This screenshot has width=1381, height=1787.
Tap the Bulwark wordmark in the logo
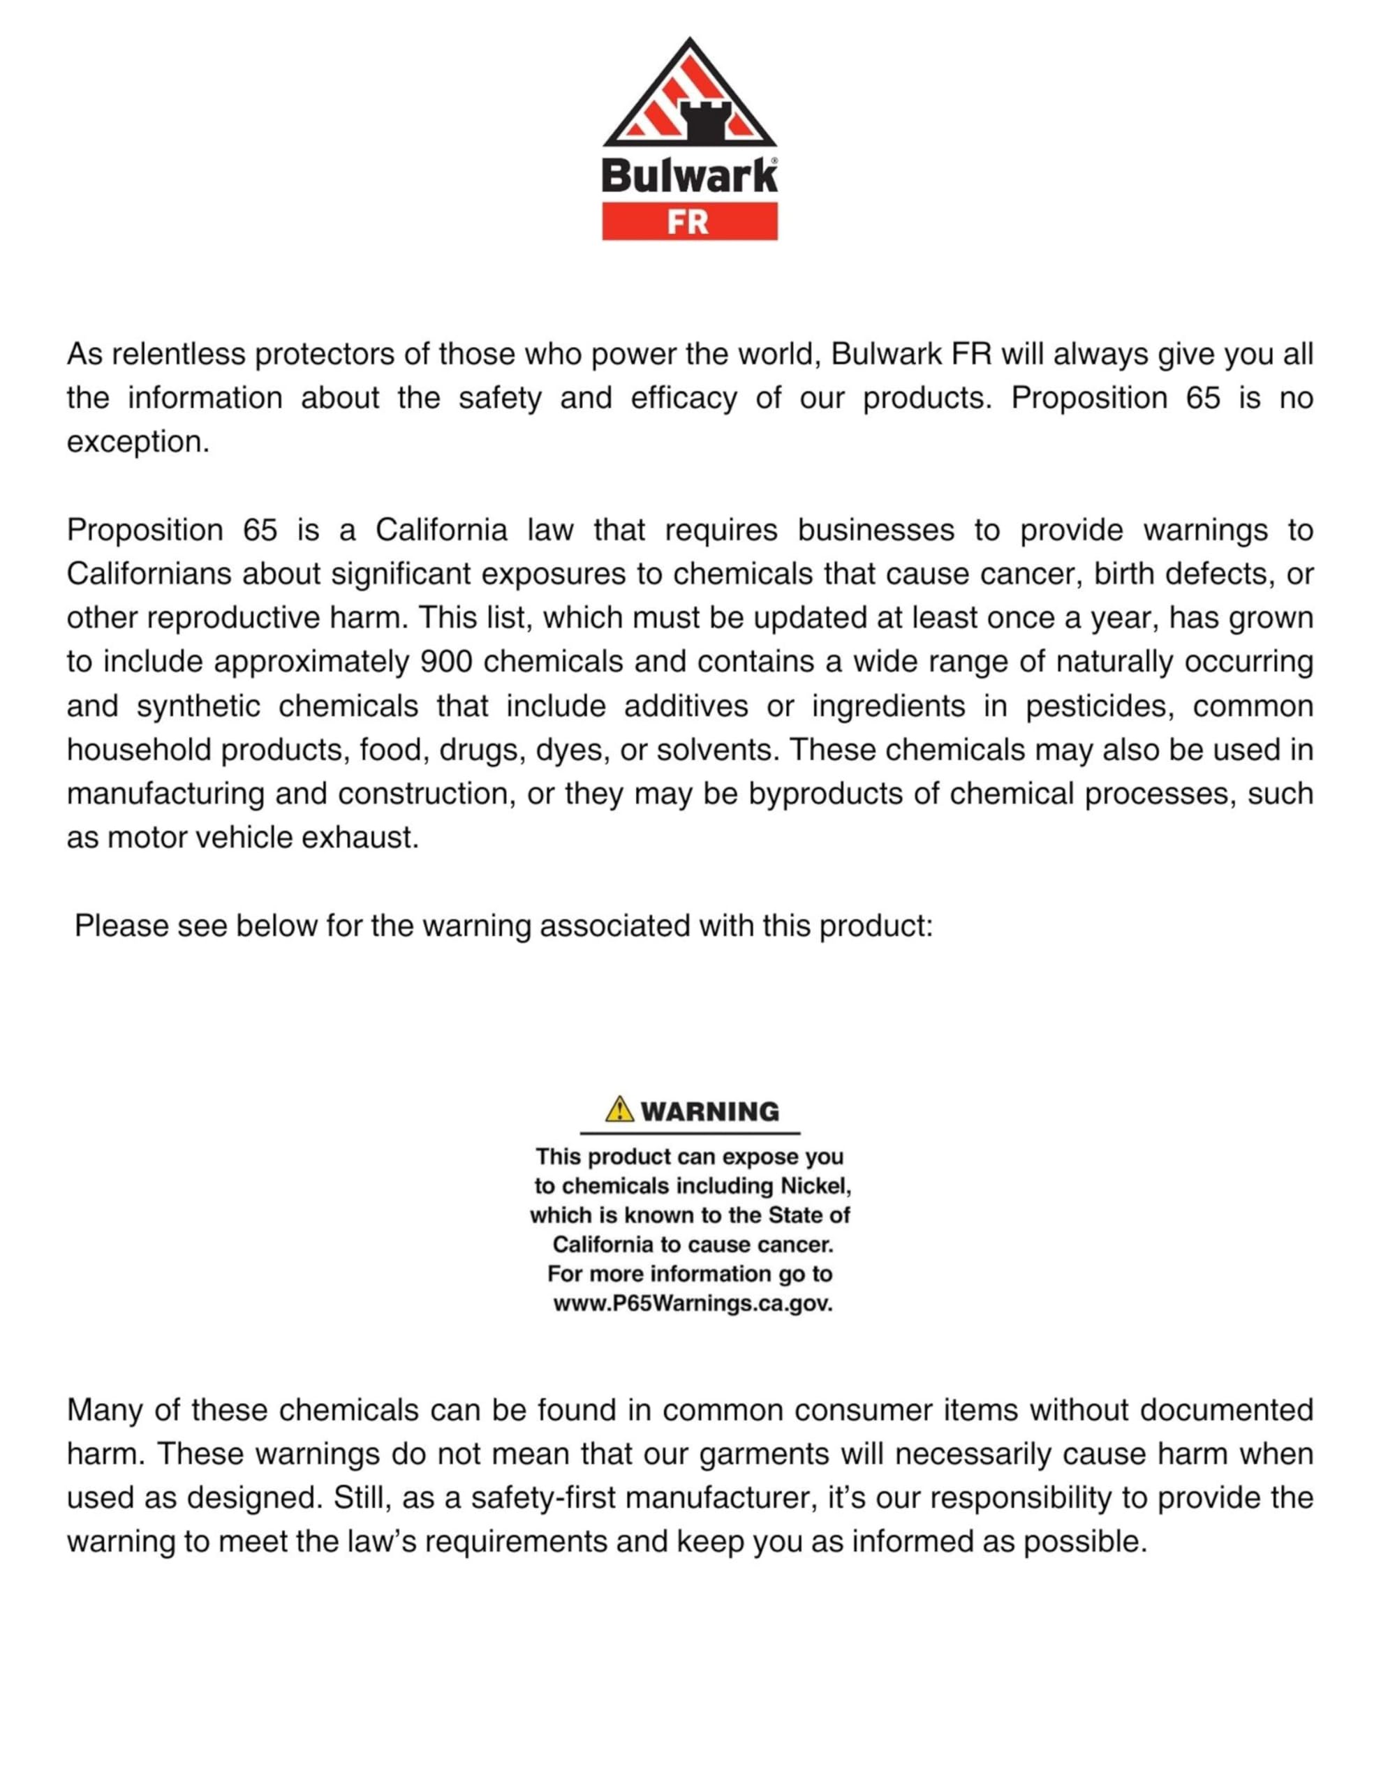689,176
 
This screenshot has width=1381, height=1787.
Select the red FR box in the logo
689,222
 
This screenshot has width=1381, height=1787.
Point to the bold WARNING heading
709,1111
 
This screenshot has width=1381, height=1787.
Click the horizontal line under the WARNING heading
689,1133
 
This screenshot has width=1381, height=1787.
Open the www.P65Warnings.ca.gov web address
693,1303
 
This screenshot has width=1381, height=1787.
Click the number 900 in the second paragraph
446,661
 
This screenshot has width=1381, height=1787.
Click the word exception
138,442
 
